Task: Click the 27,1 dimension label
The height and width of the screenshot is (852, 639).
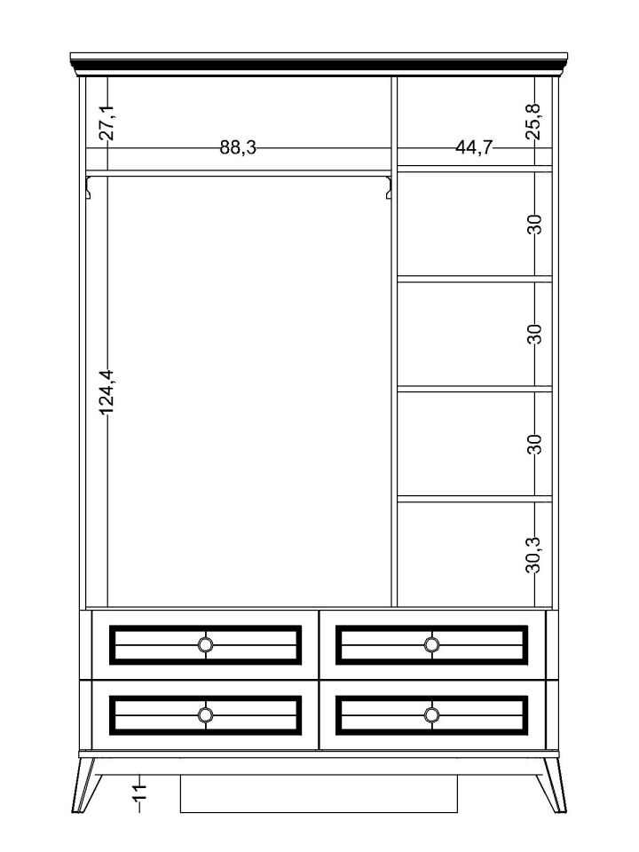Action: [107, 122]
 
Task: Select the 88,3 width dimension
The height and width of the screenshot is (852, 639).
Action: [238, 147]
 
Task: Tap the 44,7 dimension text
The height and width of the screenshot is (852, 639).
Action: [474, 147]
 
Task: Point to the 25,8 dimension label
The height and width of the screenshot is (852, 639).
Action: [534, 122]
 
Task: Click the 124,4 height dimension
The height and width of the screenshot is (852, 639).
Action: [107, 392]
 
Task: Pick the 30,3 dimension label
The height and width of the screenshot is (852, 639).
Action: [534, 553]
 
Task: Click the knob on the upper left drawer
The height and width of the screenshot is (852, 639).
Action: [206, 644]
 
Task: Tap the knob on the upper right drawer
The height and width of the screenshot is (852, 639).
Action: [432, 644]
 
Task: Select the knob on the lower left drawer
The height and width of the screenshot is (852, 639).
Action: [206, 714]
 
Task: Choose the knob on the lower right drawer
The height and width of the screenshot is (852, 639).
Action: [432, 714]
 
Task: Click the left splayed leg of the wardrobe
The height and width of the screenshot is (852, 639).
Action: [87, 785]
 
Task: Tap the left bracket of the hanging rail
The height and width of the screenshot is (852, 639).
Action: [91, 186]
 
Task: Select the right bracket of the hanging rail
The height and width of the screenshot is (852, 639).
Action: [388, 186]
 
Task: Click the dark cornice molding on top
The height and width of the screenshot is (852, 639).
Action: [319, 62]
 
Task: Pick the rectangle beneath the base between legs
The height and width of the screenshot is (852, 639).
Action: [319, 793]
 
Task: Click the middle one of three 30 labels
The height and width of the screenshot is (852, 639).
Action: [534, 334]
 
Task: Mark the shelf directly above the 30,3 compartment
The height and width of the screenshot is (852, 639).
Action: [474, 499]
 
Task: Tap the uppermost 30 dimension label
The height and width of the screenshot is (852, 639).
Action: [534, 224]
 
